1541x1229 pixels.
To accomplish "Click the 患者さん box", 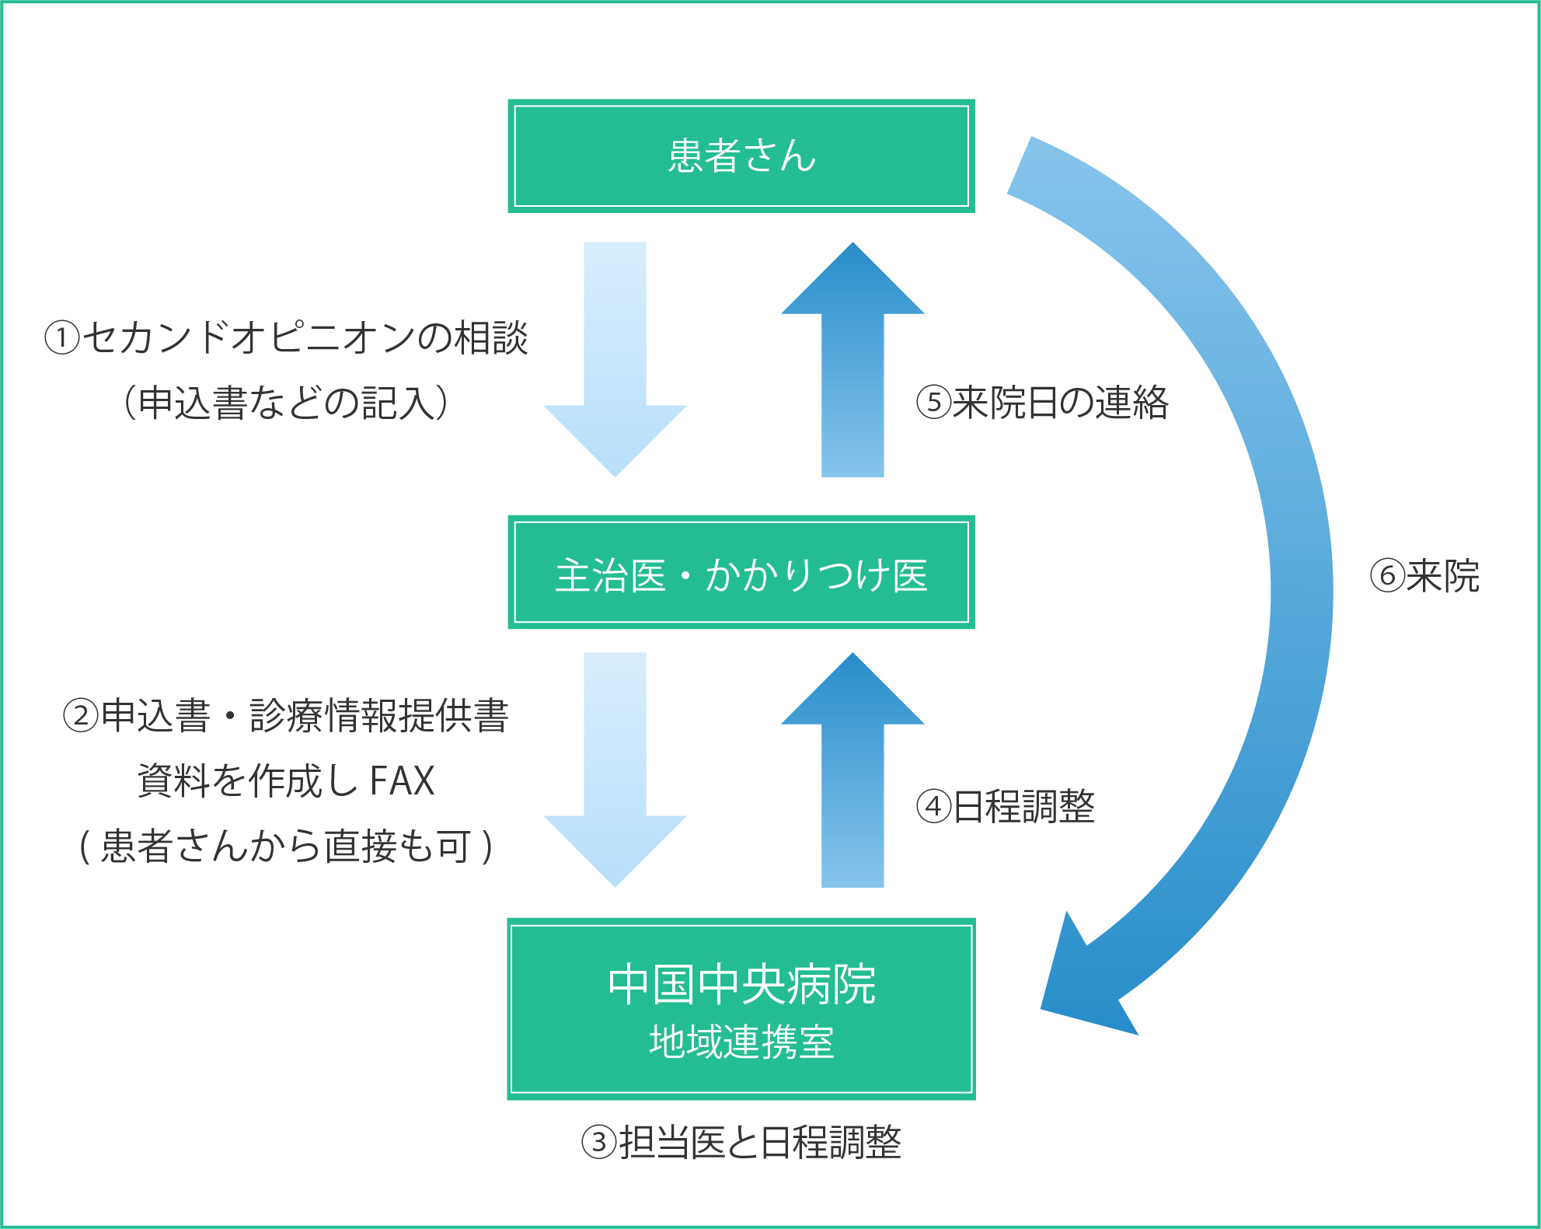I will pos(741,155).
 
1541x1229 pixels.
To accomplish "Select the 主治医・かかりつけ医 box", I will pos(741,572).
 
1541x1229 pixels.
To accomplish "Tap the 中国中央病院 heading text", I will pos(741,984).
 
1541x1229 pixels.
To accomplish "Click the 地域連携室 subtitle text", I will pos(741,1042).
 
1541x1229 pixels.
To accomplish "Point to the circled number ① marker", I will pos(62,338).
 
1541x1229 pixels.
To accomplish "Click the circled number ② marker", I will pos(81,716).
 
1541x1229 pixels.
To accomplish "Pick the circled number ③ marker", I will pos(599,1143).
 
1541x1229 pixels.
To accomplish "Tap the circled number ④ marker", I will pos(933,806).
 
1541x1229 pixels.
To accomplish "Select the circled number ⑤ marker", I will pos(933,403).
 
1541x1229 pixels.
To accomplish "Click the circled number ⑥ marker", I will pos(1387,576).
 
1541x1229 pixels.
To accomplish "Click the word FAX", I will pos(402,780).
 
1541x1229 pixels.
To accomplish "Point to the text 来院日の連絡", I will pos(1060,403).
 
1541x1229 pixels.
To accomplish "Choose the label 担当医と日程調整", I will pos(759,1143).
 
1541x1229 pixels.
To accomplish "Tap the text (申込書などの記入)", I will pos(285,403).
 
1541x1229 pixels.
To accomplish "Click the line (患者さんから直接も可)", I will pos(285,846).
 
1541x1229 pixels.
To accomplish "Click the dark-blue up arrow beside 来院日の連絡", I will pos(852,358).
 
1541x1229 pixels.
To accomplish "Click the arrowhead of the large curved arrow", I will pos(1084,983).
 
